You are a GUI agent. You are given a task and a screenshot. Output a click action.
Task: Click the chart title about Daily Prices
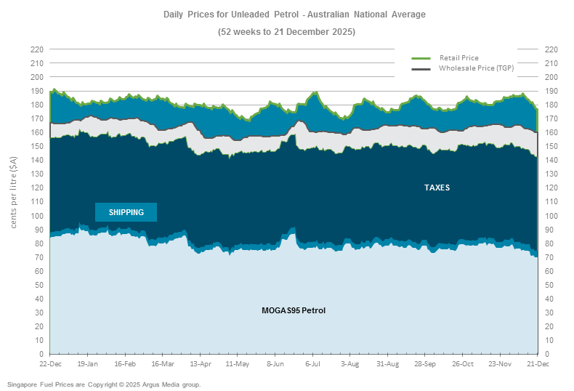point(294,14)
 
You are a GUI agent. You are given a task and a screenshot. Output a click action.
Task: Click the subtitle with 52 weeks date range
point(286,32)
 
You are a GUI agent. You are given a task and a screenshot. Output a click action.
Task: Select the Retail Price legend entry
point(458,57)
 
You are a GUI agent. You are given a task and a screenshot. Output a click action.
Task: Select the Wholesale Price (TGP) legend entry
point(476,68)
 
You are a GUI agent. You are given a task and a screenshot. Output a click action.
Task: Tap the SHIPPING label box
point(126,212)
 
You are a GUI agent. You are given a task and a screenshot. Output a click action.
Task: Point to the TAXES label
point(437,188)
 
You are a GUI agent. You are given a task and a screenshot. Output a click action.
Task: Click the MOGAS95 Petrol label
point(294,310)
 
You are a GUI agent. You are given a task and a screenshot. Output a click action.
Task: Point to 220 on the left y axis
point(36,49)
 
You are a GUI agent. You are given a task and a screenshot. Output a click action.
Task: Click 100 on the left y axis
point(36,216)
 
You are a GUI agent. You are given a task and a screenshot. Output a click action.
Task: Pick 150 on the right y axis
point(550,146)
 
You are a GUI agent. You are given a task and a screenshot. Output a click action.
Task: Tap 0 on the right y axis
point(546,354)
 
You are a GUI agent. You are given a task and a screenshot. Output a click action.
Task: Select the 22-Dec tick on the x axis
point(49,363)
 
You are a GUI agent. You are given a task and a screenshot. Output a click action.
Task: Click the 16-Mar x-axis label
point(163,363)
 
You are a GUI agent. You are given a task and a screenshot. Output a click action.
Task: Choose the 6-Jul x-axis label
point(313,363)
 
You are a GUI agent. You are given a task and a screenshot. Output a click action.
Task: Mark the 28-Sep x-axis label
point(425,363)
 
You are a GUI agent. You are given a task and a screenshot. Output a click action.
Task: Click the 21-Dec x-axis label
point(538,363)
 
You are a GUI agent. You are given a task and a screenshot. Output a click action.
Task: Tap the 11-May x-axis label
point(238,363)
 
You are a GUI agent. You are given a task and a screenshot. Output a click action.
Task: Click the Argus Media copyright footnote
point(104,384)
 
